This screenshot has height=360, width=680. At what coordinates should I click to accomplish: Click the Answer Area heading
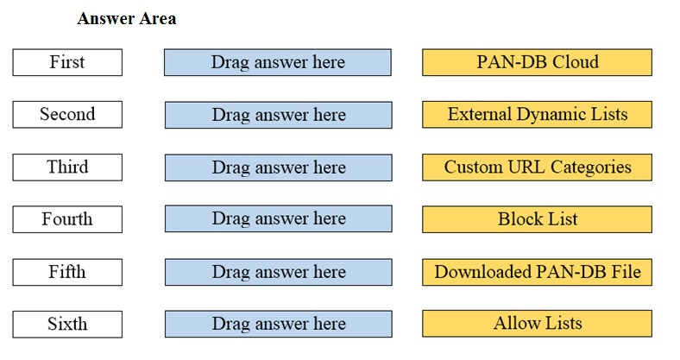click(127, 19)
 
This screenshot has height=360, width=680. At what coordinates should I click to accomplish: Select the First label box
click(67, 62)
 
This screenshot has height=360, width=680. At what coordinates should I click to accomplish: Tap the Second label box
click(67, 115)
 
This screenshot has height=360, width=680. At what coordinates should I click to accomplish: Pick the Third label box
click(67, 167)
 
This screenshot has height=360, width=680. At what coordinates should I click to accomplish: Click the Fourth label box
click(67, 219)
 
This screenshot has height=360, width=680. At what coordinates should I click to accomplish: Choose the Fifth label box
click(67, 272)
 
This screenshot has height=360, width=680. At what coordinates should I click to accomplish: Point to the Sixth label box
click(67, 324)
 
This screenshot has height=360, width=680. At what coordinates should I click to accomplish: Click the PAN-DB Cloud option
click(537, 62)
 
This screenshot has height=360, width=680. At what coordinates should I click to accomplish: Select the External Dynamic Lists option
click(537, 115)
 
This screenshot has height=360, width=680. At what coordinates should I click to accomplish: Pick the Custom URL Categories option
click(537, 167)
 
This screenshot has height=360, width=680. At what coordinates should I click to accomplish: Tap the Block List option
click(537, 219)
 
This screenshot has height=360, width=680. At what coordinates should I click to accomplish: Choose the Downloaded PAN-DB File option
click(537, 272)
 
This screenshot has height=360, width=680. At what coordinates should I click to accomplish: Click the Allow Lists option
click(537, 324)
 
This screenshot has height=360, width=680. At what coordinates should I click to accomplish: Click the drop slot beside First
click(278, 62)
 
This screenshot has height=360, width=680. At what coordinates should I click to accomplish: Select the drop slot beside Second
click(279, 115)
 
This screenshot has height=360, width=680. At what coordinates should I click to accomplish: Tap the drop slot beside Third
click(279, 167)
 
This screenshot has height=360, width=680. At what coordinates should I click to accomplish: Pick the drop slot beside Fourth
click(279, 219)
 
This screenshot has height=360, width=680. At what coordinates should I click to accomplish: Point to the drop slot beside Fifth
click(279, 272)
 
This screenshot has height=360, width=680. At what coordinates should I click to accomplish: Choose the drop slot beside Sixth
click(279, 324)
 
